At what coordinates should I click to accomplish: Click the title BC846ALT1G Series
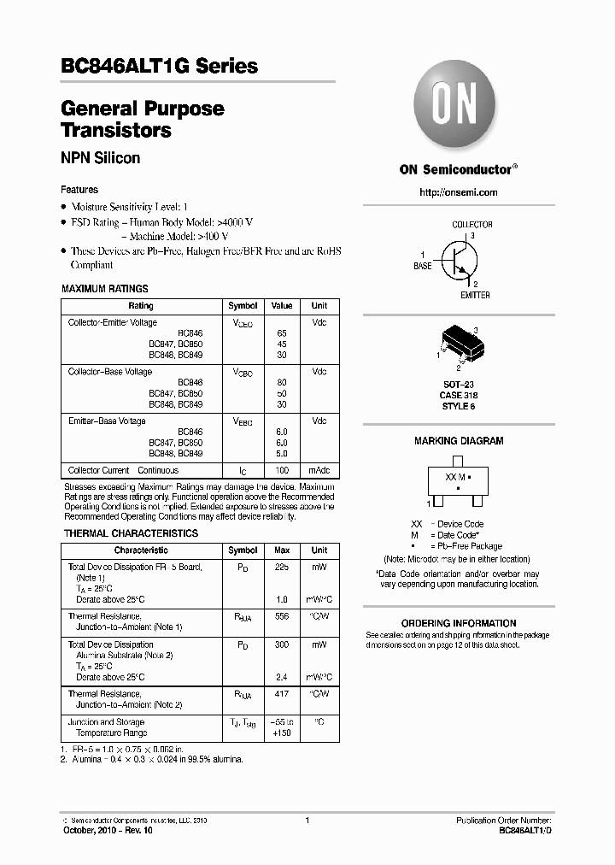tap(160, 66)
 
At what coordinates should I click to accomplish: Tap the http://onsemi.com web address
tap(458, 192)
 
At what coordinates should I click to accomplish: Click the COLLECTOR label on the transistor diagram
tap(471, 225)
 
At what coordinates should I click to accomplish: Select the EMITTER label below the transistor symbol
tap(475, 295)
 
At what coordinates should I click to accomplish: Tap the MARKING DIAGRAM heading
tap(459, 441)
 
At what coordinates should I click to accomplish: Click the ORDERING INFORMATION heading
tap(458, 623)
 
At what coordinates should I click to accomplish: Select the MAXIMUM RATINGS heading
tap(105, 289)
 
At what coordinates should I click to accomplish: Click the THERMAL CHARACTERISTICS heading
tap(131, 533)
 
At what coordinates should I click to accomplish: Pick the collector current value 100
tap(281, 470)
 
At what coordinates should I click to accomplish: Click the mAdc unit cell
tap(319, 470)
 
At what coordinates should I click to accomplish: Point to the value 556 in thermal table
tap(281, 616)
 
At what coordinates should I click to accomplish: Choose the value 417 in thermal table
tap(281, 694)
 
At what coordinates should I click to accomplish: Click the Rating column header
tap(141, 306)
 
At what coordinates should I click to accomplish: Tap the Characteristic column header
tap(141, 550)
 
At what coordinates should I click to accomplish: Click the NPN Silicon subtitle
tap(101, 158)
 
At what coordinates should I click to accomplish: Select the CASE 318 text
tap(459, 395)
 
